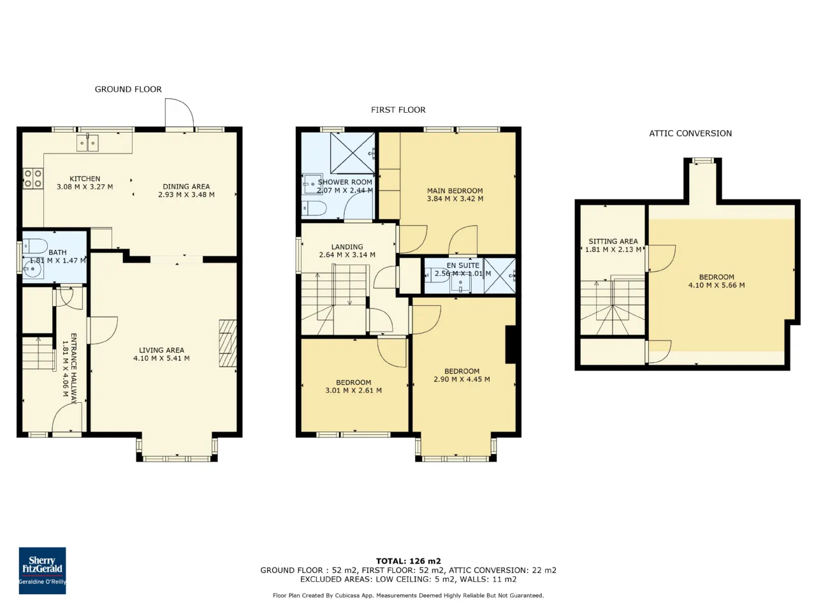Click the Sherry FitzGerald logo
[x=42, y=570]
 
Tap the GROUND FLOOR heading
[x=128, y=89]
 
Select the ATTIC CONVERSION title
[x=690, y=133]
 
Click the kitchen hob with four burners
[x=33, y=178]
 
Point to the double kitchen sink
[x=88, y=143]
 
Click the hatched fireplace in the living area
[x=228, y=344]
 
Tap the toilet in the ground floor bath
[x=35, y=246]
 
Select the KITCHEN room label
[x=85, y=178]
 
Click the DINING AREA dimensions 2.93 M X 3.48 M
[x=186, y=194]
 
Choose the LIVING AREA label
[x=161, y=350]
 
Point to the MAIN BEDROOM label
[x=455, y=191]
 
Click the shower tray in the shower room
[x=353, y=153]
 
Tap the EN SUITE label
[x=463, y=265]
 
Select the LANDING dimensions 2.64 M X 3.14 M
[x=347, y=255]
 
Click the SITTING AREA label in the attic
[x=613, y=241]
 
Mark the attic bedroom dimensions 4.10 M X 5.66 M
[x=717, y=286]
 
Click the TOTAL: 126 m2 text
[x=408, y=561]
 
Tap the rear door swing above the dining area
[x=180, y=112]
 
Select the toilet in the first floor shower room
[x=314, y=208]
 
